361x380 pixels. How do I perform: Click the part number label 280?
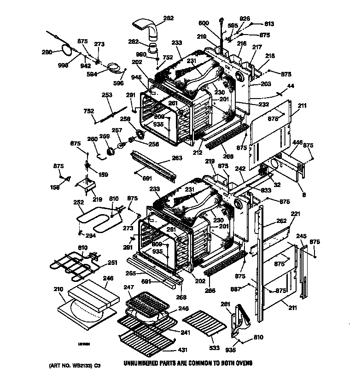[x=47, y=52]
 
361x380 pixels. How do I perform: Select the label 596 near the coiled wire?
[x=119, y=83]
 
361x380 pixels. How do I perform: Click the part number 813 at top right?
[x=269, y=24]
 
